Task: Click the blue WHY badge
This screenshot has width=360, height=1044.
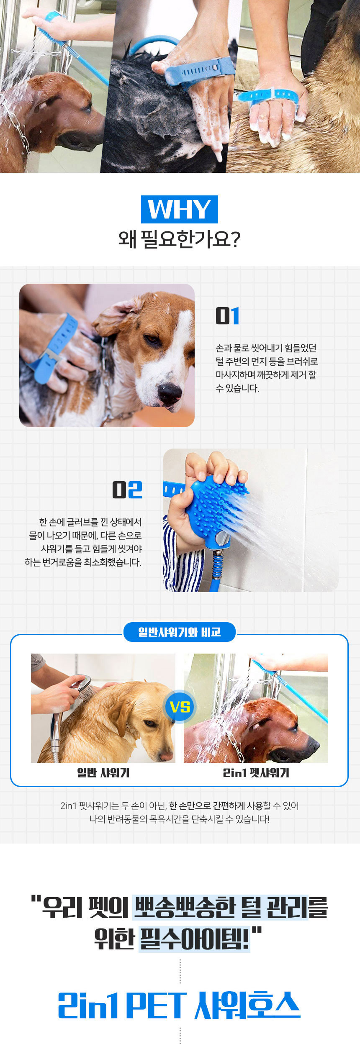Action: click(179, 209)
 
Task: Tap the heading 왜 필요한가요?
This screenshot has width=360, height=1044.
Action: click(179, 239)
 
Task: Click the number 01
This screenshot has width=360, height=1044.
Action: click(227, 316)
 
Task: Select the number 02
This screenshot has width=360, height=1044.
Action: click(127, 490)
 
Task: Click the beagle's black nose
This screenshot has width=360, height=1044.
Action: click(169, 392)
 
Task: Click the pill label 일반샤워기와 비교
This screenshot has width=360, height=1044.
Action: click(180, 632)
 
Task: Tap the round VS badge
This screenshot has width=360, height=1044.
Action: click(180, 707)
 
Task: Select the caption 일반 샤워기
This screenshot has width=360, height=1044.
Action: click(103, 773)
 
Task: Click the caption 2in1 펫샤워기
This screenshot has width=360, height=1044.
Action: click(256, 773)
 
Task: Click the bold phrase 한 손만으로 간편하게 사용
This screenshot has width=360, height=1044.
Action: click(216, 805)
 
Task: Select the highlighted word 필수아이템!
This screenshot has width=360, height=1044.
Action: click(194, 939)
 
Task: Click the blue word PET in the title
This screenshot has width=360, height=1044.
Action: click(155, 1005)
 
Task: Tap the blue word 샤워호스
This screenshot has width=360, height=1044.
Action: click(247, 1005)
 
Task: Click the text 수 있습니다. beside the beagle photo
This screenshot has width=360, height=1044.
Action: click(237, 388)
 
